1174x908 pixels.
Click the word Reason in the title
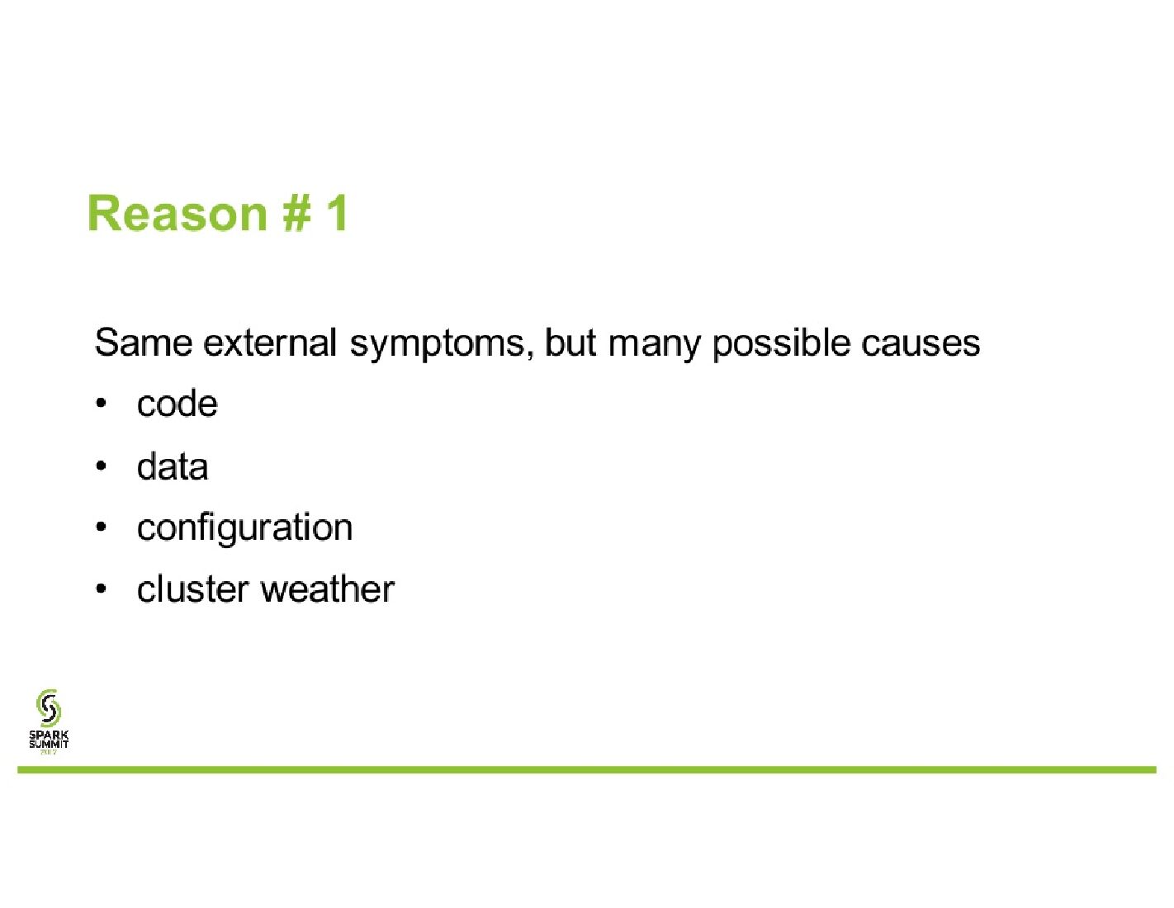pyautogui.click(x=178, y=214)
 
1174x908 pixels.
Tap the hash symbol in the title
pyautogui.click(x=296, y=214)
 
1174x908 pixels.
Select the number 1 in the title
pyautogui.click(x=338, y=213)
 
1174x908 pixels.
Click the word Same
pyautogui.click(x=143, y=343)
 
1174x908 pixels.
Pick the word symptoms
pyautogui.click(x=438, y=347)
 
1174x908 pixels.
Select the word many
pyautogui.click(x=654, y=347)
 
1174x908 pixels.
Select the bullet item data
pyautogui.click(x=173, y=466)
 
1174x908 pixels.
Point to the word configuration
pyautogui.click(x=244, y=529)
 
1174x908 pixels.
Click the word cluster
pyautogui.click(x=193, y=589)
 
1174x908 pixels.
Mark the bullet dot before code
pyautogui.click(x=101, y=404)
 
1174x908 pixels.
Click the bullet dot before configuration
pyautogui.click(x=101, y=527)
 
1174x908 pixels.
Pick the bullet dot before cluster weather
pyautogui.click(x=101, y=589)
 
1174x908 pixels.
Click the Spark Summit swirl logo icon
pyautogui.click(x=49, y=707)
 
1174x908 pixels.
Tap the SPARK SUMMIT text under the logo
pyautogui.click(x=49, y=739)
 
